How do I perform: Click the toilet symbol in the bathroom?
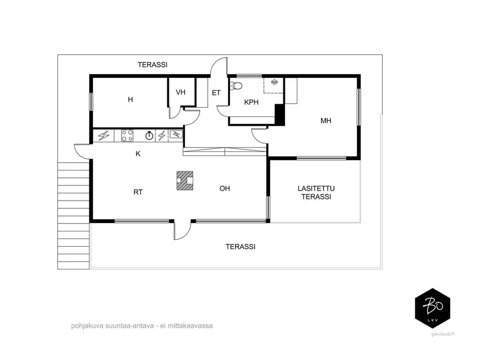(236, 85)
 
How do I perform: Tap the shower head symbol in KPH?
(274, 82)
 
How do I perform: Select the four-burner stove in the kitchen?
(127, 136)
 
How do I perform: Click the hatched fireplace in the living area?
(185, 181)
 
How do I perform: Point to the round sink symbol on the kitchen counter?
(149, 135)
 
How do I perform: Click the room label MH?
(326, 121)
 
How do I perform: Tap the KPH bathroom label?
(251, 102)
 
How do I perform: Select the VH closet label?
(181, 92)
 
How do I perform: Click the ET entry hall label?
(216, 92)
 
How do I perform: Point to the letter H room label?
(131, 100)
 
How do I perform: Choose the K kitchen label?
(138, 153)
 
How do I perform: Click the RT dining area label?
(138, 192)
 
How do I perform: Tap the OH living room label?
(225, 189)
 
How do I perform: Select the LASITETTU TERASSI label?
(316, 192)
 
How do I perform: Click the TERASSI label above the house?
(153, 65)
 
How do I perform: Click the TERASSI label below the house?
(240, 247)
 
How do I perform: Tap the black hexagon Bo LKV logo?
(433, 308)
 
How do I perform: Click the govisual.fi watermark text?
(442, 334)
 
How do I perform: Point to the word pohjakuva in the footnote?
(87, 326)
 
